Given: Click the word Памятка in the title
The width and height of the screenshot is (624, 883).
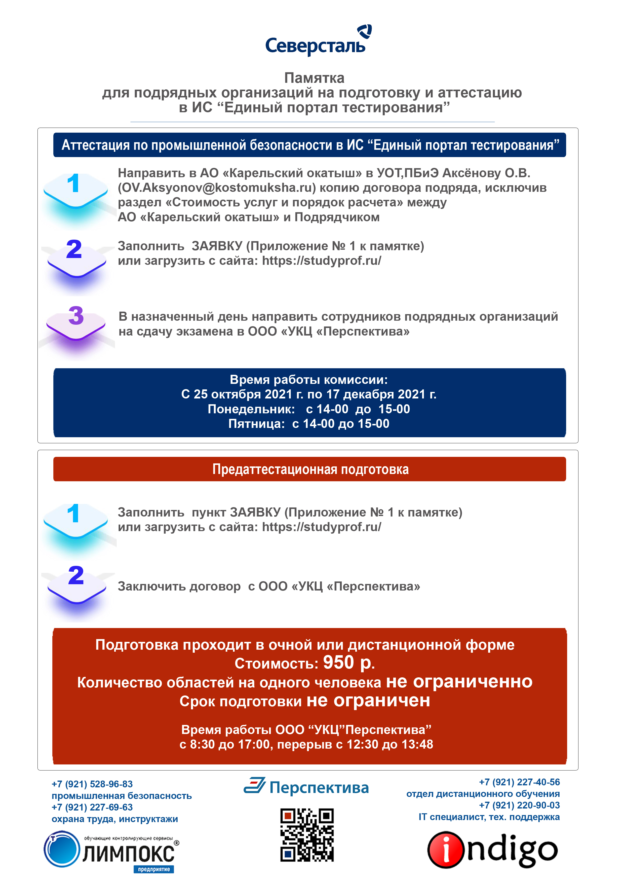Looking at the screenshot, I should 314,78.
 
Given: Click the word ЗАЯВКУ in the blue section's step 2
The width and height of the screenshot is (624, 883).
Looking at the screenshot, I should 217,246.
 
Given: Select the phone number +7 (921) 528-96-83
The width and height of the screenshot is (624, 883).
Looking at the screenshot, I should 92,784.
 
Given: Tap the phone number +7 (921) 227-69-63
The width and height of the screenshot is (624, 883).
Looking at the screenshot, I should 92,807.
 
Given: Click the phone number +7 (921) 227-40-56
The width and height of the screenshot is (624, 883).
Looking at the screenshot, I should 519,782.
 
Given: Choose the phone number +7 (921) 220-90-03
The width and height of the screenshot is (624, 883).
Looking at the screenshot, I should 519,805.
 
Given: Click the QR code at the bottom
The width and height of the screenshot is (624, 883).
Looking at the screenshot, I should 307,834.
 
